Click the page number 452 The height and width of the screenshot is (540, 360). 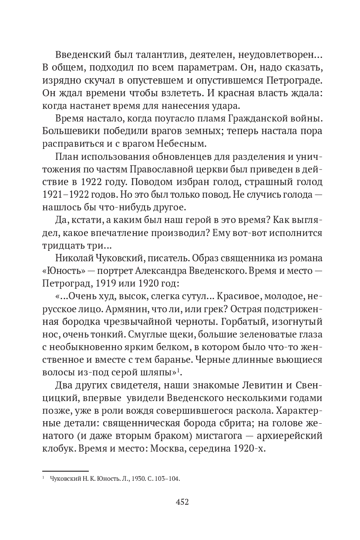tap(182, 502)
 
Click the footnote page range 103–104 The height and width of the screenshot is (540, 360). tap(167, 479)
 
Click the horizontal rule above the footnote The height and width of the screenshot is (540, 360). tap(65, 470)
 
